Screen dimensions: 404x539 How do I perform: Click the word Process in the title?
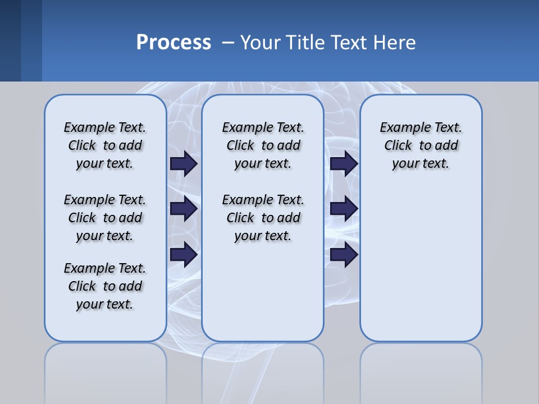point(173,42)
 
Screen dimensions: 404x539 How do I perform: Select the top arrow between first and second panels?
point(184,164)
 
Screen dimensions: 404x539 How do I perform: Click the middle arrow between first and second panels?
point(184,209)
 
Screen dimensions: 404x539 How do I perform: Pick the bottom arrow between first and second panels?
point(184,255)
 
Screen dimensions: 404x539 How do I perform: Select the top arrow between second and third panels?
point(344,164)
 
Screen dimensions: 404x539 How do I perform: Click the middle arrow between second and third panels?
point(344,209)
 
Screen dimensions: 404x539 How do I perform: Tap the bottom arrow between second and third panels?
point(344,255)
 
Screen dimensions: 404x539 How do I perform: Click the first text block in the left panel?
point(105,145)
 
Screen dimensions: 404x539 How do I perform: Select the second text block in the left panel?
point(105,218)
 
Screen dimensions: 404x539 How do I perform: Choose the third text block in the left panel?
point(105,286)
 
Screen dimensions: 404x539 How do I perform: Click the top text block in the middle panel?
point(263,145)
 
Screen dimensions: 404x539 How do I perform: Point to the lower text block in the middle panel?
point(263,218)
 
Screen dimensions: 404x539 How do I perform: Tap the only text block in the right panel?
point(421,145)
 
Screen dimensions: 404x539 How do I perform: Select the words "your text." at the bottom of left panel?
point(105,304)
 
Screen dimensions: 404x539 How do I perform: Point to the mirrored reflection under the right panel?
point(421,370)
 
